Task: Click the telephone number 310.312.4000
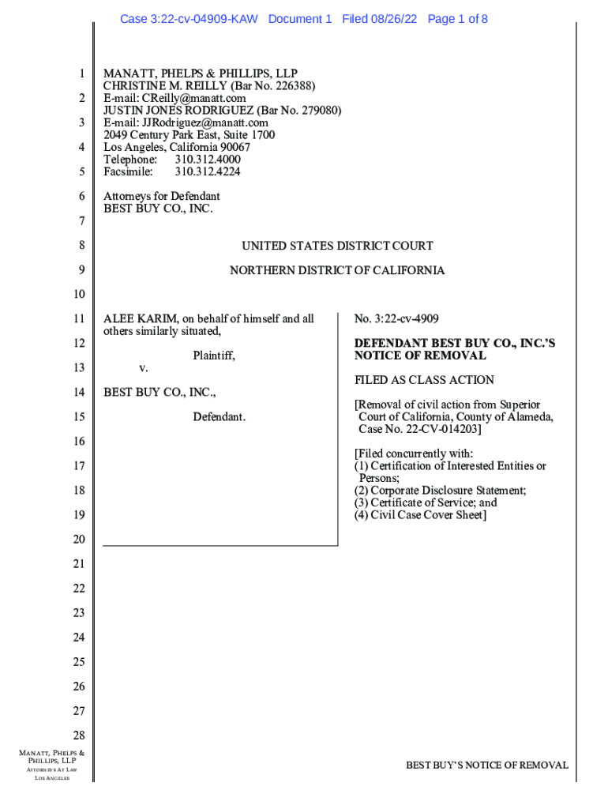208,160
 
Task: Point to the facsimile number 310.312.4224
208,171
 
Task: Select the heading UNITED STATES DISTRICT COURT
337,246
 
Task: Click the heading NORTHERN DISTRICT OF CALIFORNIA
337,270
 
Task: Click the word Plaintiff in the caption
214,356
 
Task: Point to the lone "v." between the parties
144,368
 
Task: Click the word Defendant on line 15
219,416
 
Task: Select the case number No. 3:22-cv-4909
396,319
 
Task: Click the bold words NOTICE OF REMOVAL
420,356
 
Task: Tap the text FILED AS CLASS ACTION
424,380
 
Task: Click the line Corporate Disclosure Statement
448,491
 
